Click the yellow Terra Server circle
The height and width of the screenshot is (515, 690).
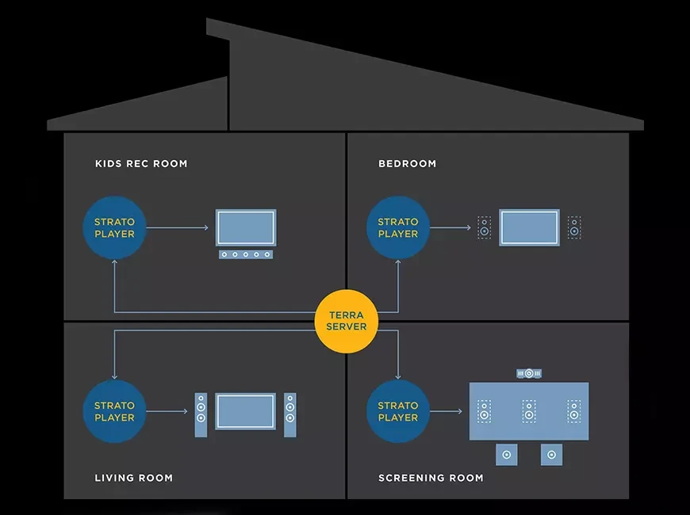click(x=347, y=321)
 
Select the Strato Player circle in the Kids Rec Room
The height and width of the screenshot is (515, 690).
click(x=114, y=228)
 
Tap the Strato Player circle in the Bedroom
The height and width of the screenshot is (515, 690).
click(x=397, y=228)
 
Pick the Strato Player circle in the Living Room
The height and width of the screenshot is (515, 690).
click(x=114, y=411)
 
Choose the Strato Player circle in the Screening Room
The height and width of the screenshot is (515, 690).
click(x=397, y=411)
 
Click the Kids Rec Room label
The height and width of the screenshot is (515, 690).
click(x=141, y=164)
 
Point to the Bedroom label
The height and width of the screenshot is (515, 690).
click(x=407, y=164)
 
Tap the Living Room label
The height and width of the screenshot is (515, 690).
click(x=133, y=478)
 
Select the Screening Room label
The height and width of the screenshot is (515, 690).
click(x=431, y=478)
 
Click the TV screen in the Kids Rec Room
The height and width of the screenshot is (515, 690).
click(x=246, y=227)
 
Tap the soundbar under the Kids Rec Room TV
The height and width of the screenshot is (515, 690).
click(x=246, y=254)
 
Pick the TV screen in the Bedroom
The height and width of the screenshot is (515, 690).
click(x=529, y=227)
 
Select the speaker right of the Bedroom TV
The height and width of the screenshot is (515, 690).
click(x=574, y=228)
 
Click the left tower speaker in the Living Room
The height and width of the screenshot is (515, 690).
click(x=201, y=414)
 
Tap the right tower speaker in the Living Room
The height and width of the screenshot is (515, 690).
click(x=290, y=414)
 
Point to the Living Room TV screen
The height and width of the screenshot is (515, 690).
click(x=246, y=411)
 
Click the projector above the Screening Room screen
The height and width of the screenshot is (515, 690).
click(x=529, y=372)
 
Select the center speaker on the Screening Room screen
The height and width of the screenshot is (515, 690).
click(x=529, y=412)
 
